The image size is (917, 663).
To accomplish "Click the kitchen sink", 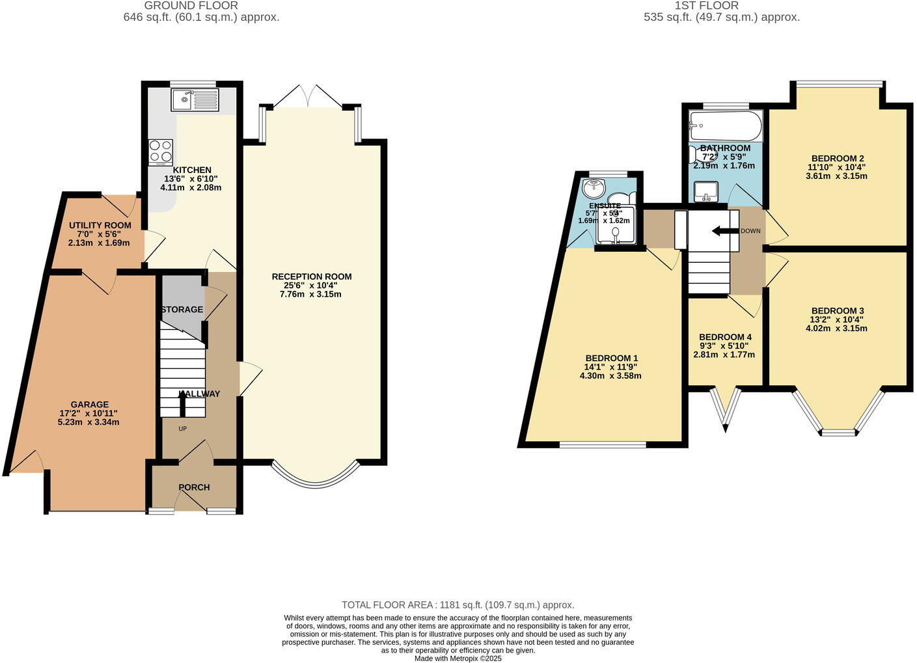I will tap(195, 100).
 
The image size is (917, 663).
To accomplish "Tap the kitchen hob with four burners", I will tap(161, 152).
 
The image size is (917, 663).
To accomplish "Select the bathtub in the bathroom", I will tap(725, 126).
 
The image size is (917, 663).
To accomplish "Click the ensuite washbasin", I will tap(594, 189).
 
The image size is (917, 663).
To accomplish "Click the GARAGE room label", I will tap(90, 404).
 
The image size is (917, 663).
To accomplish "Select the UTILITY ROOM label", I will tap(100, 225).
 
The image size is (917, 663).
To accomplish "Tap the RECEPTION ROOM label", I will tap(312, 277).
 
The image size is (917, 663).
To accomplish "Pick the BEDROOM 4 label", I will tap(725, 337).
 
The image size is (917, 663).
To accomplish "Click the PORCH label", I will tap(194, 487).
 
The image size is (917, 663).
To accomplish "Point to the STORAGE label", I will tap(182, 310).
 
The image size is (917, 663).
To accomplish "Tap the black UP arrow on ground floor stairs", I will tap(182, 405).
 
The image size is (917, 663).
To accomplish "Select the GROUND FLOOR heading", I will tap(200, 6).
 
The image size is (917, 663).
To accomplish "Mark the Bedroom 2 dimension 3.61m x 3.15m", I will tap(836, 176).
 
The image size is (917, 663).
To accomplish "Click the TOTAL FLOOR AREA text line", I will tap(458, 605).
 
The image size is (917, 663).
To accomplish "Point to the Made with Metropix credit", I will tap(458, 658).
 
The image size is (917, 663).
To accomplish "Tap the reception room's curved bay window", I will tap(315, 478).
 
